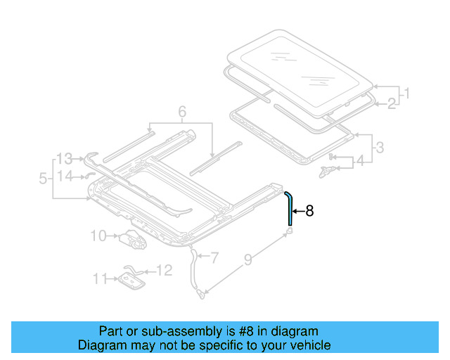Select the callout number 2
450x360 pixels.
click(391, 104)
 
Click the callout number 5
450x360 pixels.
click(44, 180)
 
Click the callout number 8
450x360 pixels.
click(310, 210)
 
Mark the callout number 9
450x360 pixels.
click(247, 262)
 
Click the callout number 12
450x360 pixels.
click(163, 270)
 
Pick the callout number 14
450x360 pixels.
click(65, 176)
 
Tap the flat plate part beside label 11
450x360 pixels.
click(131, 281)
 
